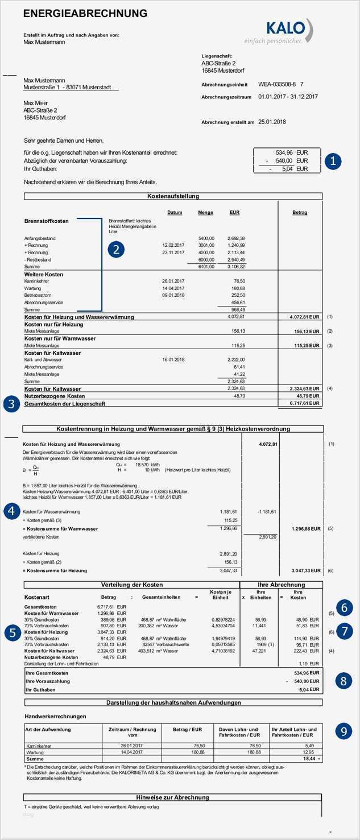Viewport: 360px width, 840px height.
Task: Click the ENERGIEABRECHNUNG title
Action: coord(85,14)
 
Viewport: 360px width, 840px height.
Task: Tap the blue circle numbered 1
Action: coord(333,161)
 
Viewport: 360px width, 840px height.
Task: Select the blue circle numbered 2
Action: coord(116,249)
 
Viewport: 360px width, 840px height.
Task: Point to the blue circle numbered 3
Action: coord(10,404)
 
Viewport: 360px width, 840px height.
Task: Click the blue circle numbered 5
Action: coord(10,632)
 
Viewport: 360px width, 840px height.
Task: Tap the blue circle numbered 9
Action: coord(344,731)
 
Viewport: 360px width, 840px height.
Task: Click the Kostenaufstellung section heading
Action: coord(173,196)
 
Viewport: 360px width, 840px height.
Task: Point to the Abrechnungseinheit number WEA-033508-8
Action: coord(277,84)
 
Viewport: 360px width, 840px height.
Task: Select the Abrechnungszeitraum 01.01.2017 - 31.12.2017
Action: coord(288,97)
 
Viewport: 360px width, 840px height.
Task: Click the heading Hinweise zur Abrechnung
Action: coord(173,797)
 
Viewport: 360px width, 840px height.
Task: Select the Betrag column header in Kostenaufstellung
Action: coord(299,213)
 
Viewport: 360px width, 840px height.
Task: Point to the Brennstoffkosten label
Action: coord(46,221)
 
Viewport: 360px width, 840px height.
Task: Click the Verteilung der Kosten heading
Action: coord(131,584)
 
